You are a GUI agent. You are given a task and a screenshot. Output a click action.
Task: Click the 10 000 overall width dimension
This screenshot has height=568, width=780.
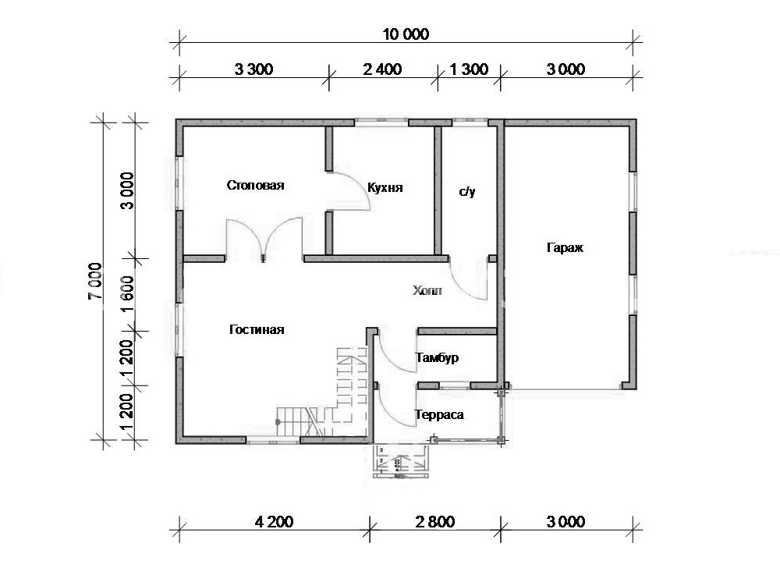(x=406, y=34)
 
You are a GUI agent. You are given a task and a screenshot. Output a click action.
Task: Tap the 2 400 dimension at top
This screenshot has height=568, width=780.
(x=382, y=69)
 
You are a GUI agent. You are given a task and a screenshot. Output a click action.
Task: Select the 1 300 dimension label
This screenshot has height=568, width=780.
(x=469, y=69)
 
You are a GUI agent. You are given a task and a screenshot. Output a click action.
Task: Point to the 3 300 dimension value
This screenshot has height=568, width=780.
(x=253, y=69)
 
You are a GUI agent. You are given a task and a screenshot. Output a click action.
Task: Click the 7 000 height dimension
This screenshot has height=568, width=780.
(x=95, y=281)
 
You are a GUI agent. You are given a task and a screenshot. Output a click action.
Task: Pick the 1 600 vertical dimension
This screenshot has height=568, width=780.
(x=128, y=294)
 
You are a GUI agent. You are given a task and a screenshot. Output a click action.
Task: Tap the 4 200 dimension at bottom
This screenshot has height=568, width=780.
(x=274, y=522)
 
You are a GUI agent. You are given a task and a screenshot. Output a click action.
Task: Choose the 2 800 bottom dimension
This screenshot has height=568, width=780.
(x=435, y=522)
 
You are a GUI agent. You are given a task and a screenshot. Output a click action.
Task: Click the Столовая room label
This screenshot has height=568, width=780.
(x=255, y=186)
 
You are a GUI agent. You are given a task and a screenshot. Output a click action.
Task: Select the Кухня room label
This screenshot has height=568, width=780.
(x=385, y=188)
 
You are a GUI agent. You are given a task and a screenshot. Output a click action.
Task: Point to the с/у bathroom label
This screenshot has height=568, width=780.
(x=467, y=191)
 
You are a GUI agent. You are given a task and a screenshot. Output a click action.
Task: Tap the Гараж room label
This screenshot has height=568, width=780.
(x=565, y=247)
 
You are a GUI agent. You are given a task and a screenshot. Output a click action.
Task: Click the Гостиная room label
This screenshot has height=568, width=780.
(x=257, y=329)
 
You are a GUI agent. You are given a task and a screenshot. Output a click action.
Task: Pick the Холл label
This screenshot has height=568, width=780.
(x=427, y=290)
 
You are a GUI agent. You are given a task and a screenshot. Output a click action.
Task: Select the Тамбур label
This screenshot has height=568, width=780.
(x=438, y=357)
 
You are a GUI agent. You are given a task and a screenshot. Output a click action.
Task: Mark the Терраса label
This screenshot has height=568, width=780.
(x=439, y=415)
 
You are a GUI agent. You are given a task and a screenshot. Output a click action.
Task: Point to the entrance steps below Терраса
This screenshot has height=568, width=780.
(x=401, y=462)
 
